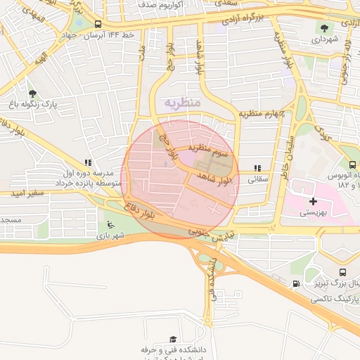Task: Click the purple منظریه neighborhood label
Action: coord(183,103)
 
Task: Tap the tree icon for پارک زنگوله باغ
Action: coord(32,92)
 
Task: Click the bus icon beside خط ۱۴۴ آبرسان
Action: coord(97,24)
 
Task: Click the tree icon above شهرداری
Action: coord(323,28)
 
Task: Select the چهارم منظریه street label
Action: coord(259,113)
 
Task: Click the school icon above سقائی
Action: coord(257,168)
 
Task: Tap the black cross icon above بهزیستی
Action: coord(313,201)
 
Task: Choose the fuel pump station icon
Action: coord(296,284)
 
